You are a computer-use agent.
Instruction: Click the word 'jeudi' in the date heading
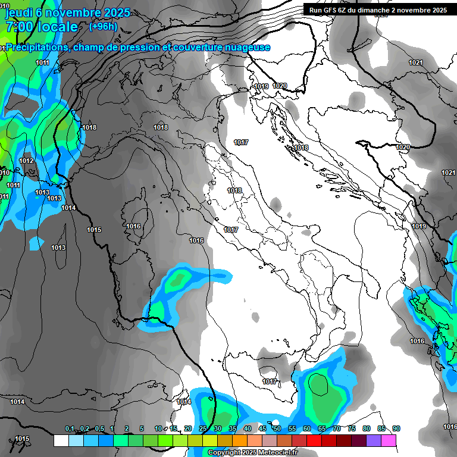[18, 12]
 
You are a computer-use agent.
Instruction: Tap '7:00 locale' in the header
[42, 27]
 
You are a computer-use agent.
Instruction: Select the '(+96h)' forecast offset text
[103, 26]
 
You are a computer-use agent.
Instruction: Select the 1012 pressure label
[26, 161]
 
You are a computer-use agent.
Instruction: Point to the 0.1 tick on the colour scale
[69, 429]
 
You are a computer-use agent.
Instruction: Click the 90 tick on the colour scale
[396, 429]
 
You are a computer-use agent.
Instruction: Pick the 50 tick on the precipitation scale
[277, 429]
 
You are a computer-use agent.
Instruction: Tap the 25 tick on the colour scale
[203, 429]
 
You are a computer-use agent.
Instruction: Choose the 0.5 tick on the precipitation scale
[99, 429]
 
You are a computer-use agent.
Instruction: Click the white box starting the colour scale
[61, 440]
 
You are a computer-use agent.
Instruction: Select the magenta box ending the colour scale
[389, 440]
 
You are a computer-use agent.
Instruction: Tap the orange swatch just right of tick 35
[240, 440]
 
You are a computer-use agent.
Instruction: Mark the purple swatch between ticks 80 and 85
[374, 440]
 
